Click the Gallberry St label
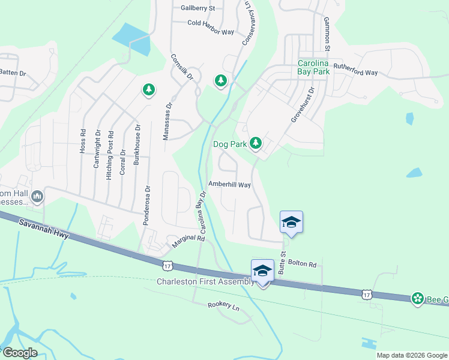[x=197, y=8]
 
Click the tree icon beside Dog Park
[x=256, y=143]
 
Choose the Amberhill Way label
[x=229, y=185]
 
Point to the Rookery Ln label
[x=223, y=306]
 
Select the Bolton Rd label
[x=301, y=263]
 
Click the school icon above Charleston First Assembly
[x=263, y=271]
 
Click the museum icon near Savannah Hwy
[x=37, y=196]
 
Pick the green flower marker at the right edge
[x=418, y=298]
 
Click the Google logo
[x=19, y=353]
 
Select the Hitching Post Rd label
[x=110, y=150]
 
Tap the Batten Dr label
[x=13, y=73]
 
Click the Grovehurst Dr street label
[x=303, y=106]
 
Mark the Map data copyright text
[x=411, y=355]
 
